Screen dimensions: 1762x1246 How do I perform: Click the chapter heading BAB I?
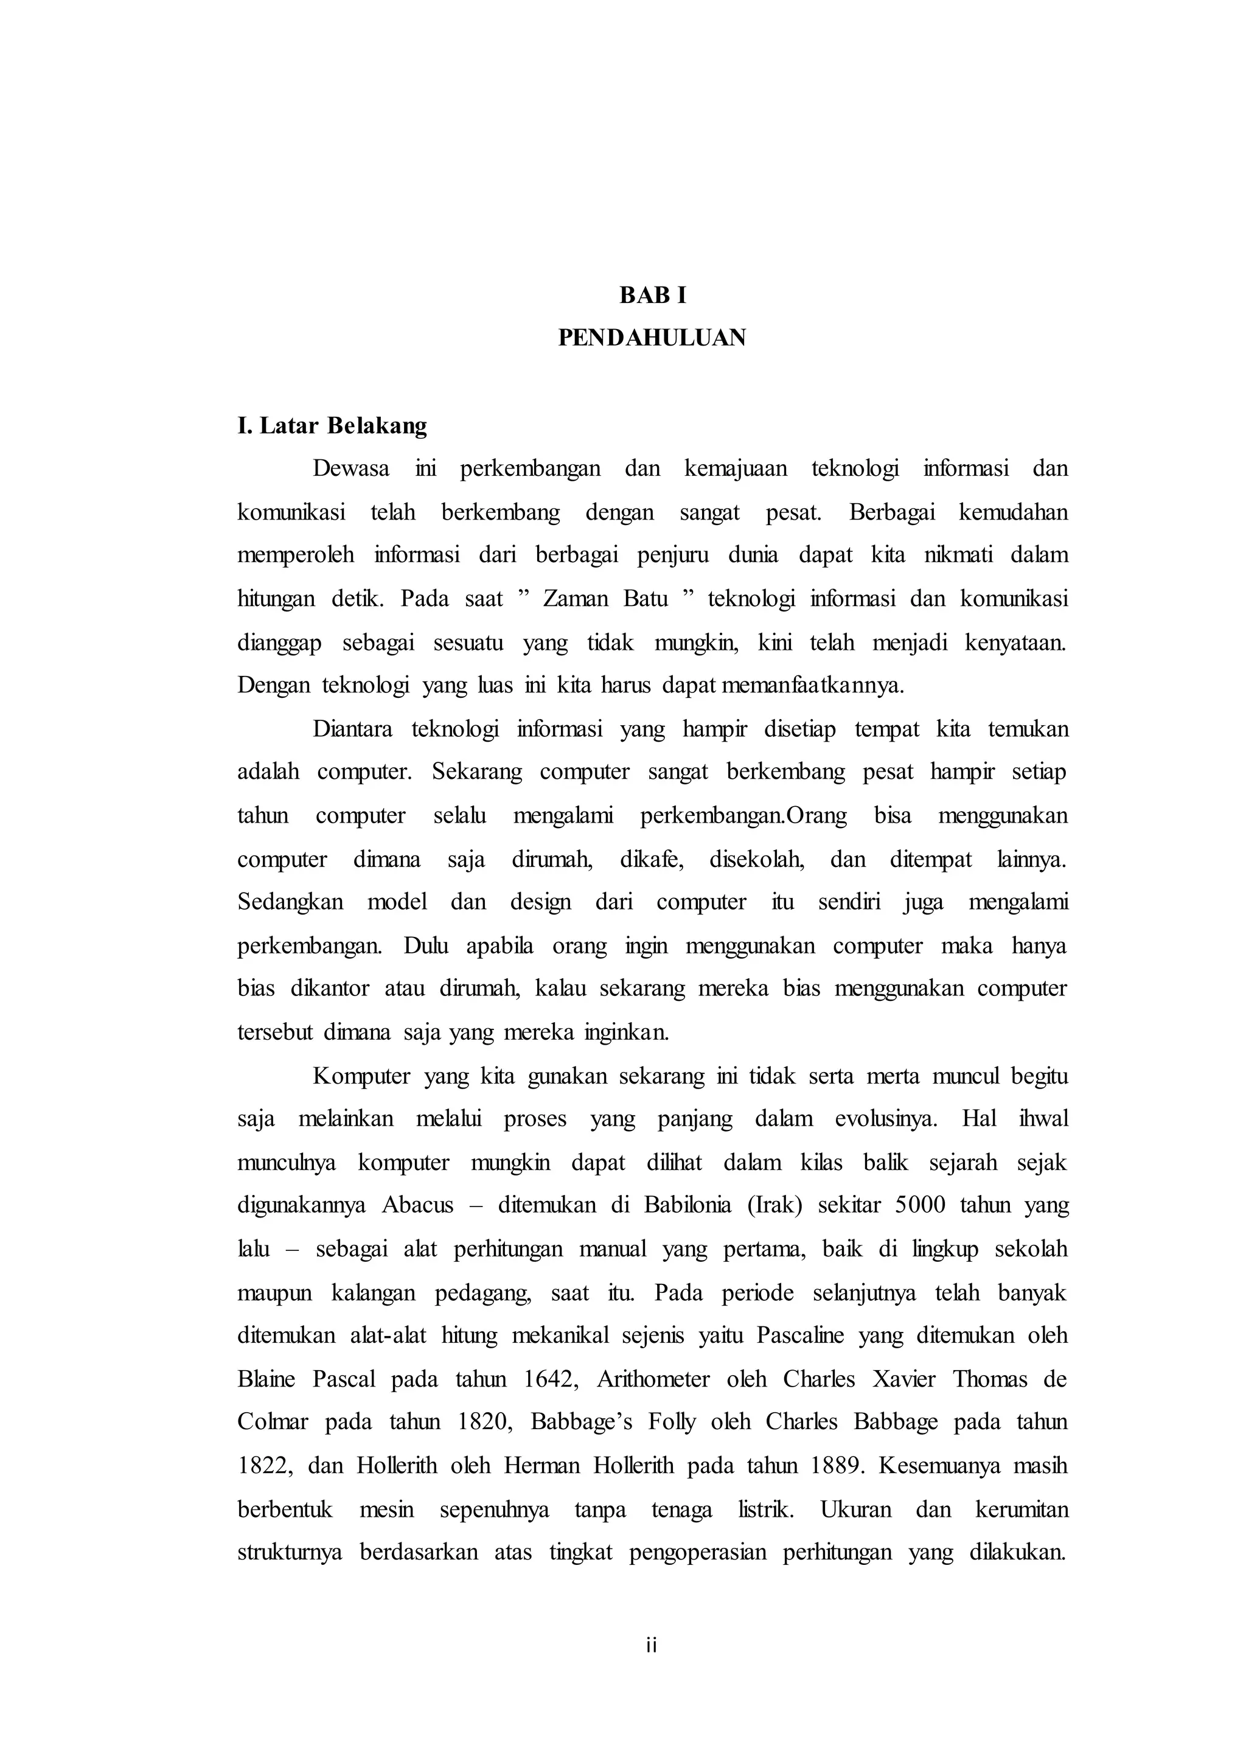652,296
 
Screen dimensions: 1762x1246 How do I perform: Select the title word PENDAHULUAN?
652,338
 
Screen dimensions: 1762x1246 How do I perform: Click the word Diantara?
352,729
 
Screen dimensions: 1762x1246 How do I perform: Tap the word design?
540,902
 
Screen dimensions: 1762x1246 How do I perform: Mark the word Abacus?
417,1206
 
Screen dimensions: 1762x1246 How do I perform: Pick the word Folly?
672,1422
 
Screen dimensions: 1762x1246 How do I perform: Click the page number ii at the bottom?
652,1645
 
